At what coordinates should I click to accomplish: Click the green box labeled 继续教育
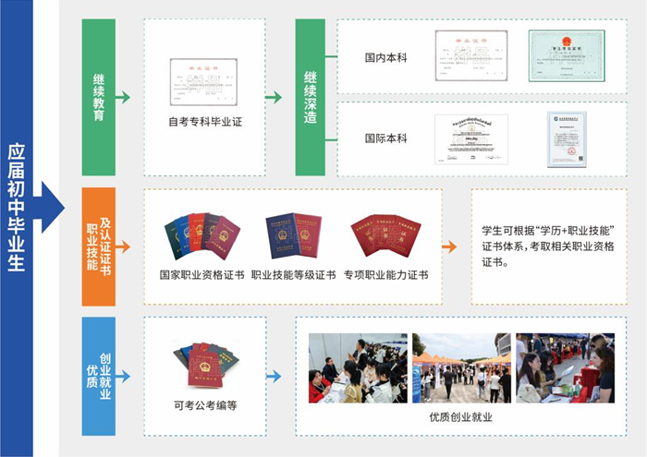click(x=99, y=97)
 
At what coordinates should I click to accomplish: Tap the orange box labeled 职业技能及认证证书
click(x=98, y=247)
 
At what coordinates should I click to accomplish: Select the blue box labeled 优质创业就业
click(x=98, y=376)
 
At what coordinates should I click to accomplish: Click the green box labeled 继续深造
click(x=311, y=97)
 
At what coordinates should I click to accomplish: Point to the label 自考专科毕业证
click(x=204, y=121)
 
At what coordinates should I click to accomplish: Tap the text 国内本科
click(x=385, y=57)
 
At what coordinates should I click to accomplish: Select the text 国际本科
click(x=385, y=138)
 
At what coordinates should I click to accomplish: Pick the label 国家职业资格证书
click(x=201, y=274)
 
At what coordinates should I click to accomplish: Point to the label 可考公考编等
click(x=204, y=404)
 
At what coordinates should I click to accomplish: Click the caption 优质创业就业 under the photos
click(x=460, y=417)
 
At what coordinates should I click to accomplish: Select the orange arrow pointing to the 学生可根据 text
click(x=449, y=247)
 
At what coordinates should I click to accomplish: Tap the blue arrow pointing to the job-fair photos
click(x=274, y=376)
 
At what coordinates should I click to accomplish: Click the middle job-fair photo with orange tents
click(x=460, y=367)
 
